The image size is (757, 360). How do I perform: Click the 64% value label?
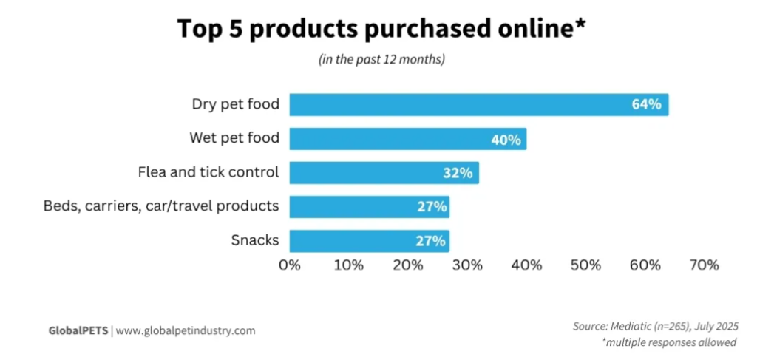[x=646, y=105]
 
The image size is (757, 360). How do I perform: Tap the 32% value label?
[x=458, y=173]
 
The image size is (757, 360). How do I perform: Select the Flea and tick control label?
[x=208, y=172]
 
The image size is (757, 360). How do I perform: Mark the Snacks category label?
[x=255, y=240]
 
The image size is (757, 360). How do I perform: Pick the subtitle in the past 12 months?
[x=381, y=60]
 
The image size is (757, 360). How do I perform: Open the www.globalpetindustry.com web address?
[x=186, y=330]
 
